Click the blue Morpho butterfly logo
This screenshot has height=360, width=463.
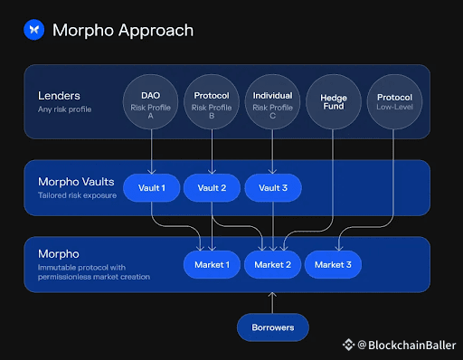click(x=34, y=30)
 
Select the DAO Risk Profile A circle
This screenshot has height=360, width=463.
click(x=150, y=102)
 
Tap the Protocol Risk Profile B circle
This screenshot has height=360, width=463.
click(x=212, y=102)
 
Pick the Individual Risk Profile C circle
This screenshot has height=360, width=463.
click(x=272, y=102)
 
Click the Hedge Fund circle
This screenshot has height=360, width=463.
click(x=334, y=102)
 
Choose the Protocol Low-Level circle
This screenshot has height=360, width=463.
click(x=394, y=102)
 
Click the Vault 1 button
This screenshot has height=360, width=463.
click(x=152, y=188)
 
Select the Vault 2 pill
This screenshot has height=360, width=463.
click(x=212, y=188)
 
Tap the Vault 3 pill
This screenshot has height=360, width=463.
click(x=273, y=188)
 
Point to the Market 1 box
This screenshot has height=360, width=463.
click(x=212, y=265)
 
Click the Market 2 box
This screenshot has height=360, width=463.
click(x=273, y=265)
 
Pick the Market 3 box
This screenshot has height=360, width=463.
click(x=333, y=265)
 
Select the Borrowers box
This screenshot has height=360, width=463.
click(x=273, y=327)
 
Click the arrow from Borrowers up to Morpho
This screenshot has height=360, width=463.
click(x=272, y=303)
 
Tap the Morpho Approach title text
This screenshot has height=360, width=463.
click(x=123, y=30)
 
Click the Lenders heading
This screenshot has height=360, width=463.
click(x=59, y=96)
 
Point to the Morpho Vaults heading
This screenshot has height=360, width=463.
click(x=76, y=182)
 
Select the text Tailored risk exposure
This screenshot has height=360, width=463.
click(x=77, y=195)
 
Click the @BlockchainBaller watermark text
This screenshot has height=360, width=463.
click(x=407, y=346)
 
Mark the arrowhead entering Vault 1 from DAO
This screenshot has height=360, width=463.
click(x=152, y=171)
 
